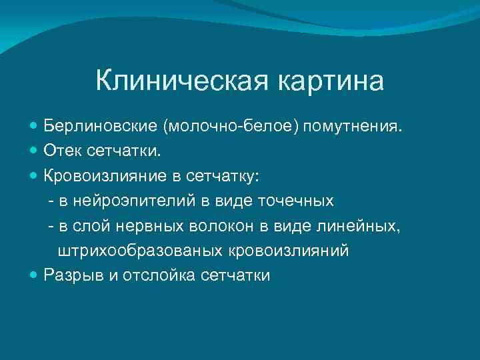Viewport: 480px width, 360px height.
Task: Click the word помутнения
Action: pos(353,127)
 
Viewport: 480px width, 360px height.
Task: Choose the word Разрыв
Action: pos(69,275)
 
